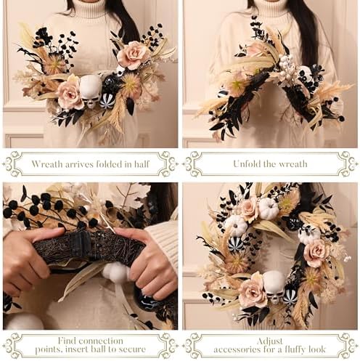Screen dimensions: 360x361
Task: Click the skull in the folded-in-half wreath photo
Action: click(91, 92)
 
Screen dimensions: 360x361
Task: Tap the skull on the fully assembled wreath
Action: click(274, 287)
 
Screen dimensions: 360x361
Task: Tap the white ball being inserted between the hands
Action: click(115, 272)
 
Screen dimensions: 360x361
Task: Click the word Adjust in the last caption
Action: click(270, 341)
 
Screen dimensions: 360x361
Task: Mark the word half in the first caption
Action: click(142, 164)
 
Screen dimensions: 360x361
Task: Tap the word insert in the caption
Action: click(76, 349)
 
